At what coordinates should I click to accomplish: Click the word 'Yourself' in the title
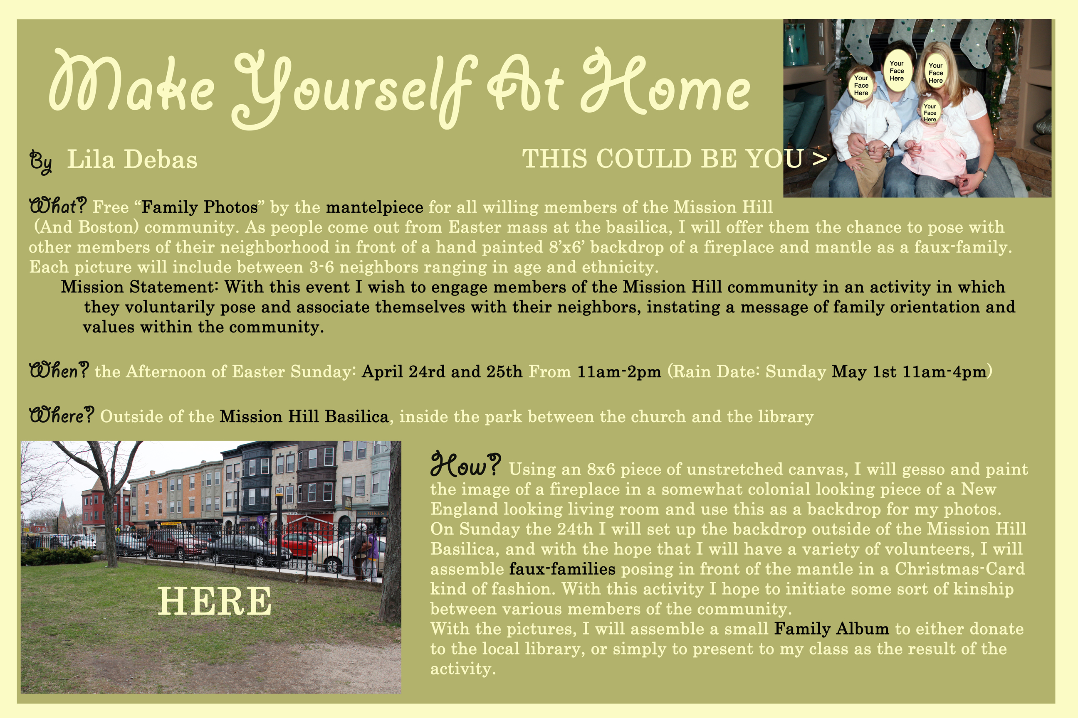pos(353,89)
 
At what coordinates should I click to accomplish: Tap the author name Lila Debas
pos(132,160)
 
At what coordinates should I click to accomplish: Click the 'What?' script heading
pos(58,206)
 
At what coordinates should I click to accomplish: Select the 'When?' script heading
pos(59,370)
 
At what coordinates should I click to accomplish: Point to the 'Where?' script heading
pos(62,415)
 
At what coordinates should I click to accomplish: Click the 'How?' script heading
pos(465,464)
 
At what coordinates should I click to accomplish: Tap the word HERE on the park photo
pos(215,602)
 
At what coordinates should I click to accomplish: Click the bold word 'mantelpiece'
pos(374,207)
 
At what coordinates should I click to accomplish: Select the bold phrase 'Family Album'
pos(831,629)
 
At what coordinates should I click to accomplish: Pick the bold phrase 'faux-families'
pos(562,569)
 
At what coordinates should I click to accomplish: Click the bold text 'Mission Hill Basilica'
pos(304,416)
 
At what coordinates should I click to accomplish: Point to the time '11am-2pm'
pos(619,371)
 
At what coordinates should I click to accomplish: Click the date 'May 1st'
pos(863,371)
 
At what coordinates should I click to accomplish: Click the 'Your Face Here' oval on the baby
pos(930,112)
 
